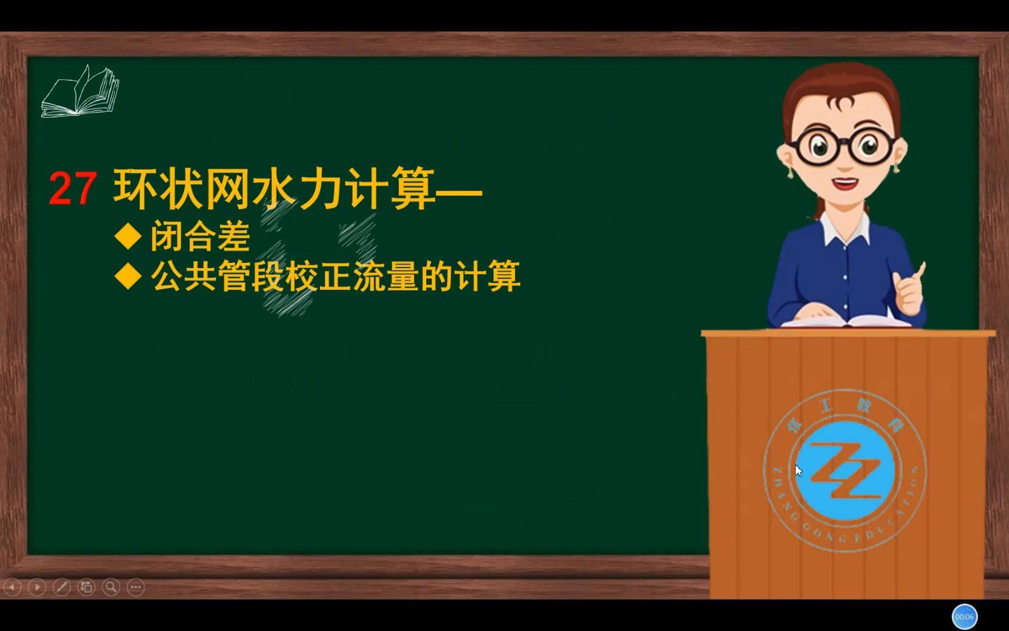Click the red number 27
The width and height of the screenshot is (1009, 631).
(72, 189)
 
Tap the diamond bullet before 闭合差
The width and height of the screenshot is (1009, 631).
(128, 237)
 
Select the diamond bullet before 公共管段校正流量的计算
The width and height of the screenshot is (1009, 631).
(128, 276)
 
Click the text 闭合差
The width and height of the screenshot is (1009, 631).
(200, 237)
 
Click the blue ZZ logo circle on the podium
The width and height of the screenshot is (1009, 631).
(845, 471)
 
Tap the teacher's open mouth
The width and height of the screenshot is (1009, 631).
(844, 183)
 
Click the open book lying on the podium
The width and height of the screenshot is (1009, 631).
(847, 321)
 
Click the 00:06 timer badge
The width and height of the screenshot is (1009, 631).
(965, 616)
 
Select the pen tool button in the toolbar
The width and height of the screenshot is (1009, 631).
(62, 587)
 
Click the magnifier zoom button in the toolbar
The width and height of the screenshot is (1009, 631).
(111, 587)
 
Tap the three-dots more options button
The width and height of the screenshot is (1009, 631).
(135, 587)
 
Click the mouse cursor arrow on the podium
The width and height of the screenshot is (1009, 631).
(798, 470)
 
